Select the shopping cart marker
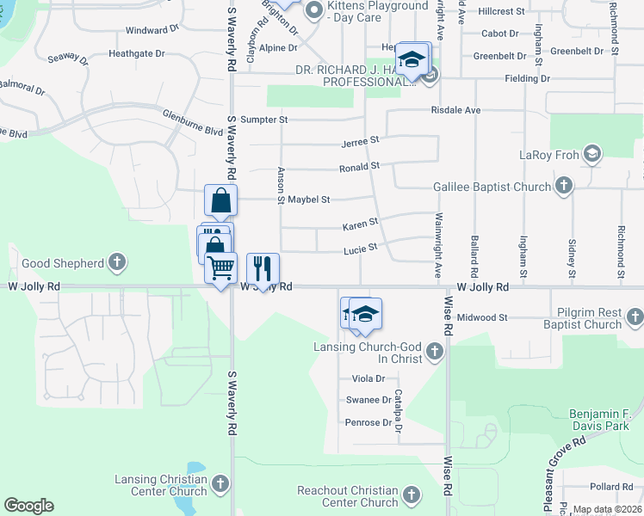[x=220, y=267]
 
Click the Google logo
[x=28, y=506]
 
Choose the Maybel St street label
[x=309, y=200]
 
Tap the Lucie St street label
[x=361, y=248]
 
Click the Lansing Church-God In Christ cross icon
[x=435, y=350]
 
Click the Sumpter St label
[x=263, y=120]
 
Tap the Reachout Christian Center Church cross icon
[x=411, y=495]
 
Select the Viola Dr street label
[x=368, y=378]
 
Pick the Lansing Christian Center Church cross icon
[x=220, y=484]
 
